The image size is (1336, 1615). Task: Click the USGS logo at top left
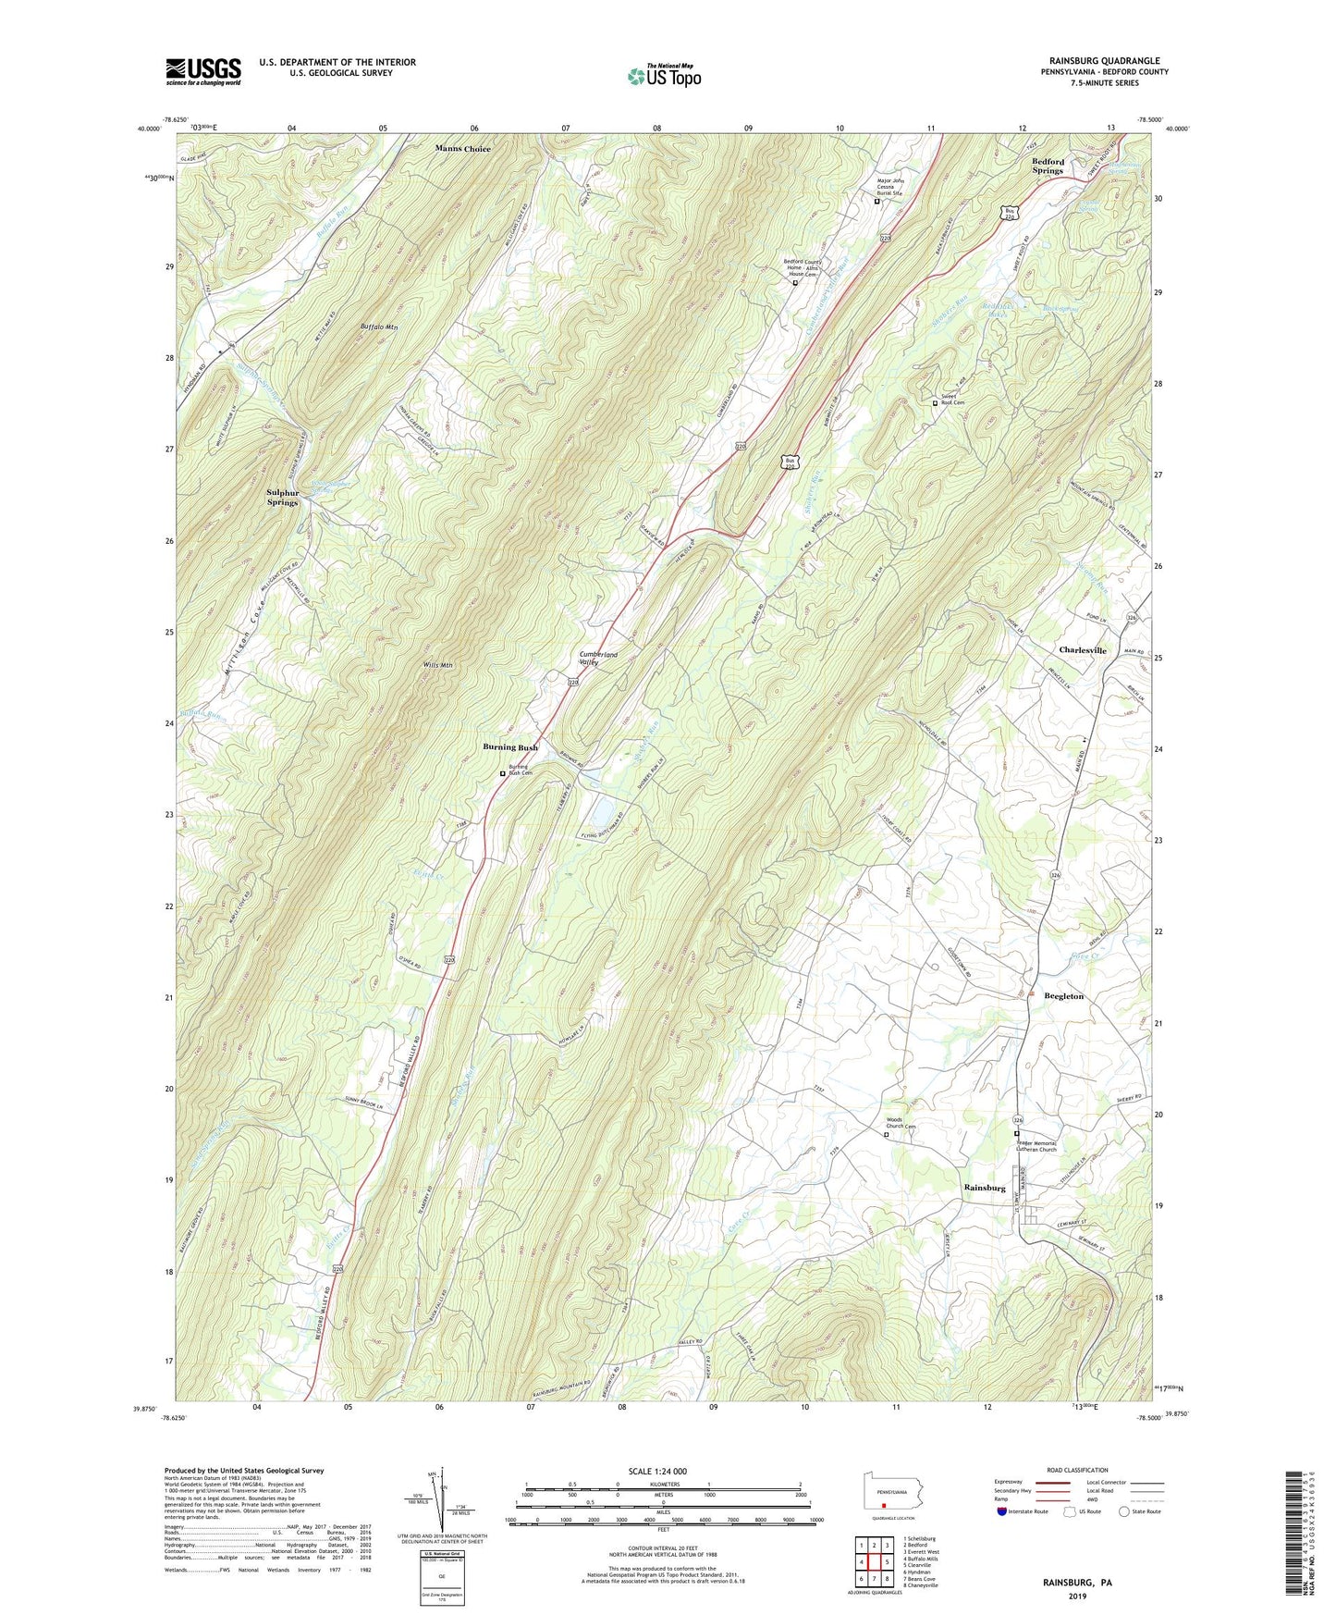click(203, 71)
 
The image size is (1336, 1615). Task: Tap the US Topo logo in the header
click(663, 76)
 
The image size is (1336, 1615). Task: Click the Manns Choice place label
click(463, 148)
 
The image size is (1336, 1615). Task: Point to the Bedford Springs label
click(1048, 166)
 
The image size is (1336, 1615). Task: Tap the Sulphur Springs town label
click(283, 498)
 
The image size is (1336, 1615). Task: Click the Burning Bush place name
click(510, 746)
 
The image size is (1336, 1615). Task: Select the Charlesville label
click(1082, 650)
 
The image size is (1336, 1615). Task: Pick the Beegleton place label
click(1063, 996)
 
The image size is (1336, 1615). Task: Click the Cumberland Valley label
click(597, 659)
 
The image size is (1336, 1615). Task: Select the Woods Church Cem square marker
click(886, 1134)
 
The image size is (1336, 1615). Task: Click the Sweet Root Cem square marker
click(935, 403)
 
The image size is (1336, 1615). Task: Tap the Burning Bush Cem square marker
click(503, 773)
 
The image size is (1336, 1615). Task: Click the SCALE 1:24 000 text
click(656, 1472)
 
